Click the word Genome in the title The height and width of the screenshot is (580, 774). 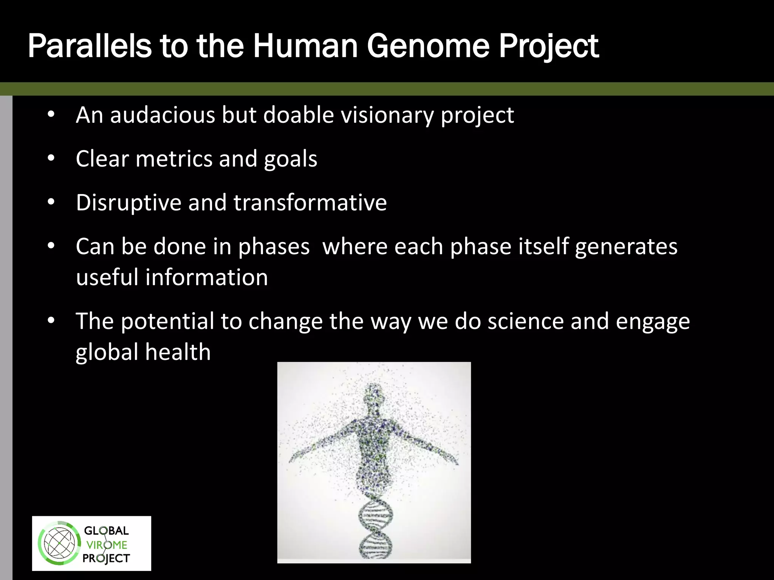[x=428, y=46]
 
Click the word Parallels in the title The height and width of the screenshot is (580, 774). [x=89, y=46]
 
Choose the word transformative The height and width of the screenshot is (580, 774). [x=310, y=203]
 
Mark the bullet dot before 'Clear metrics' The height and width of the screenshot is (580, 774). [x=51, y=159]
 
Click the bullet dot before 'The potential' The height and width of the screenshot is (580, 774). [x=51, y=321]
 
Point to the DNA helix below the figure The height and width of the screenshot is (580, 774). [x=375, y=529]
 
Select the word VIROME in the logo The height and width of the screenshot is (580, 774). [x=107, y=545]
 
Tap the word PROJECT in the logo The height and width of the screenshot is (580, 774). [x=106, y=558]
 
